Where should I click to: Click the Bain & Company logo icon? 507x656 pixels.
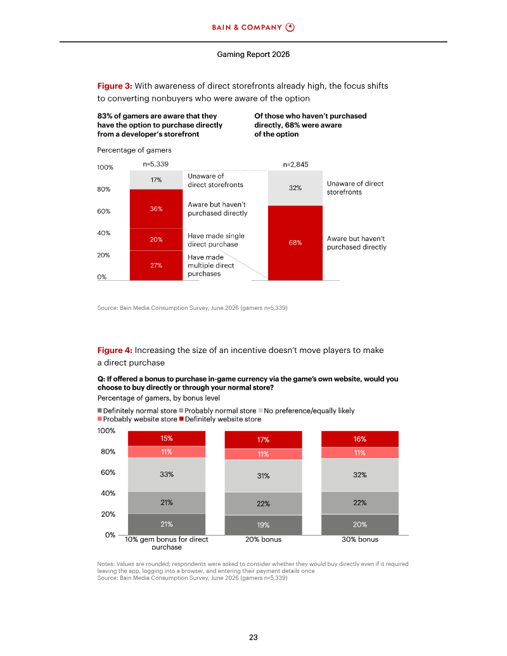tap(290, 27)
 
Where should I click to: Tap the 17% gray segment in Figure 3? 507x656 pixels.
tap(156, 180)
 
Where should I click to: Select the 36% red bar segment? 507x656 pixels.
tap(156, 209)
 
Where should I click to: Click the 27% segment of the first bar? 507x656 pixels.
tap(156, 266)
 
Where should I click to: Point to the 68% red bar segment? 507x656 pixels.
tap(295, 243)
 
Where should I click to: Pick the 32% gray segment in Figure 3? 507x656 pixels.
tap(295, 188)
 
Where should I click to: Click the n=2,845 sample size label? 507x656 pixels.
tap(296, 164)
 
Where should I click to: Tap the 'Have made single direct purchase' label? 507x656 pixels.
tap(216, 240)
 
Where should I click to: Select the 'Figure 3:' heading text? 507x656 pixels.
tap(115, 86)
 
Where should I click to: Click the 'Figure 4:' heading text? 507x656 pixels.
tap(115, 350)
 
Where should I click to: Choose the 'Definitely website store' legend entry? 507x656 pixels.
tap(220, 419)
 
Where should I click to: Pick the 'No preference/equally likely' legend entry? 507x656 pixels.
tap(306, 411)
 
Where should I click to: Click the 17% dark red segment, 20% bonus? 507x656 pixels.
tap(263, 440)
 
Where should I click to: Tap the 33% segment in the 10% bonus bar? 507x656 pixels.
tap(167, 475)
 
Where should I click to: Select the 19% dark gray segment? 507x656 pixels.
tap(263, 525)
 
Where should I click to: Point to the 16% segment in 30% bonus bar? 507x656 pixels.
tap(360, 439)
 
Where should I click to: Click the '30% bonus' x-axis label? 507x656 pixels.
tap(360, 539)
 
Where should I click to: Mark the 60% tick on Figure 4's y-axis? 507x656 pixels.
tap(108, 472)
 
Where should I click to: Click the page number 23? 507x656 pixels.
tap(253, 637)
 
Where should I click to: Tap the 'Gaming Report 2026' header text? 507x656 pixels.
tap(253, 55)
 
